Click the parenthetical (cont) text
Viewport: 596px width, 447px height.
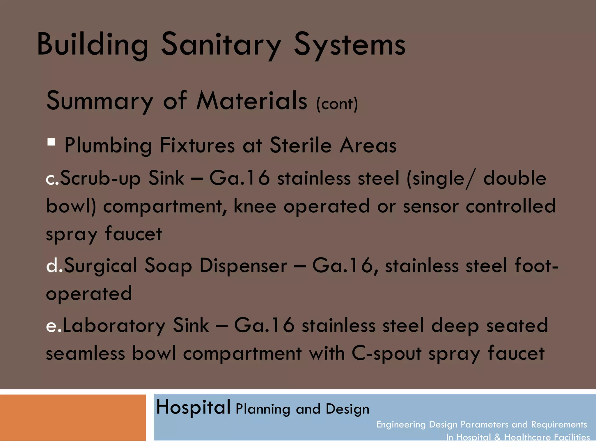coord(337,104)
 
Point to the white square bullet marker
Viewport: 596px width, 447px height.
coord(51,142)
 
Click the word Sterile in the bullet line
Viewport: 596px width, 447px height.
coord(300,145)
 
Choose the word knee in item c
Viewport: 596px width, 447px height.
coord(255,206)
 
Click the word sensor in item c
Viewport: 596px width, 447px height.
coord(431,206)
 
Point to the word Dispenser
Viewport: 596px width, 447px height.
coord(243,265)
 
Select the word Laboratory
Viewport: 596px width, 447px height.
coord(114,325)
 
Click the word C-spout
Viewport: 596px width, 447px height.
coord(386,354)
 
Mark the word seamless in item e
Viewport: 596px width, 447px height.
coord(85,354)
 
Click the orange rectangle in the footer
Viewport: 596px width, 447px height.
coord(73,417)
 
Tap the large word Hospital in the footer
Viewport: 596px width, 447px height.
coord(193,407)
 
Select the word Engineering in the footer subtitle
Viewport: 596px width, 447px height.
coord(401,425)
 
